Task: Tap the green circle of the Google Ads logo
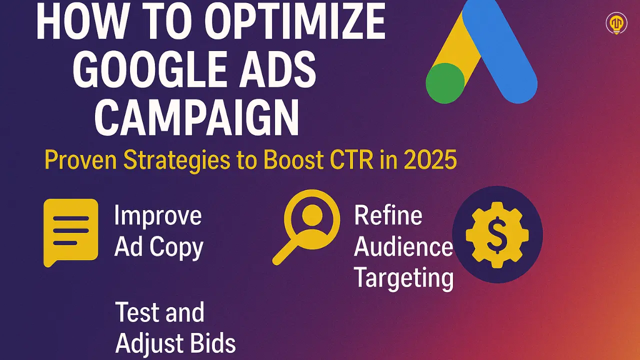(445, 83)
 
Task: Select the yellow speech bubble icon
(70, 231)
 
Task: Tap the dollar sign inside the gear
(497, 235)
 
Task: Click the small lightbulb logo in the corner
(616, 23)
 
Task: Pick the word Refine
(388, 216)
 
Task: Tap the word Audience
(403, 247)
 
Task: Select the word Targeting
(403, 278)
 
